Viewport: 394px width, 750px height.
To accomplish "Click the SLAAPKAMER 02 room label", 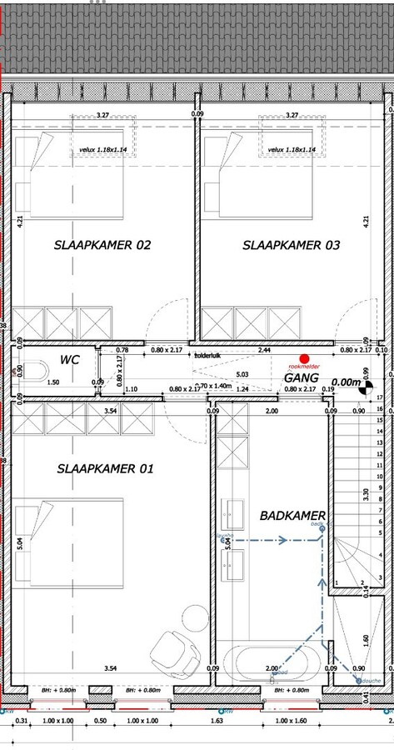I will [x=102, y=245].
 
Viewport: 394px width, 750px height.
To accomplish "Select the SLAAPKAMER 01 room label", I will [x=105, y=469].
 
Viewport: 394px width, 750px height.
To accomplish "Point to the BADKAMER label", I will [x=292, y=516].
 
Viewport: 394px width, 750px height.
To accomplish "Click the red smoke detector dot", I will [x=304, y=358].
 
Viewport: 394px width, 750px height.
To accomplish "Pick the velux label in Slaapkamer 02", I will [x=102, y=150].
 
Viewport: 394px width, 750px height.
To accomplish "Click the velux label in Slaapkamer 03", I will [x=292, y=150].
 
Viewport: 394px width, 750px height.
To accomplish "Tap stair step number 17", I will [x=380, y=398].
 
